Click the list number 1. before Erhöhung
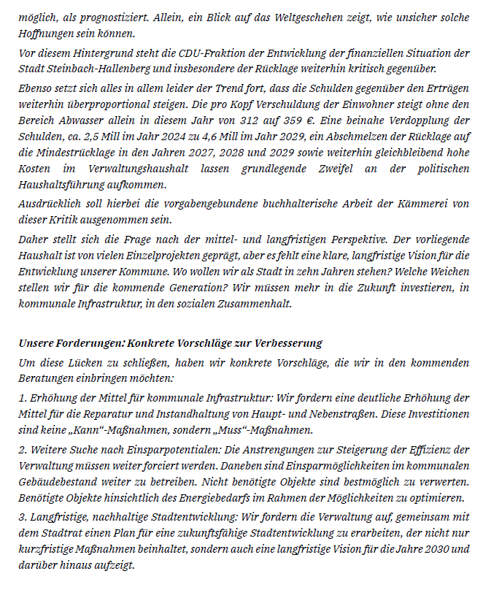(23, 397)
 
